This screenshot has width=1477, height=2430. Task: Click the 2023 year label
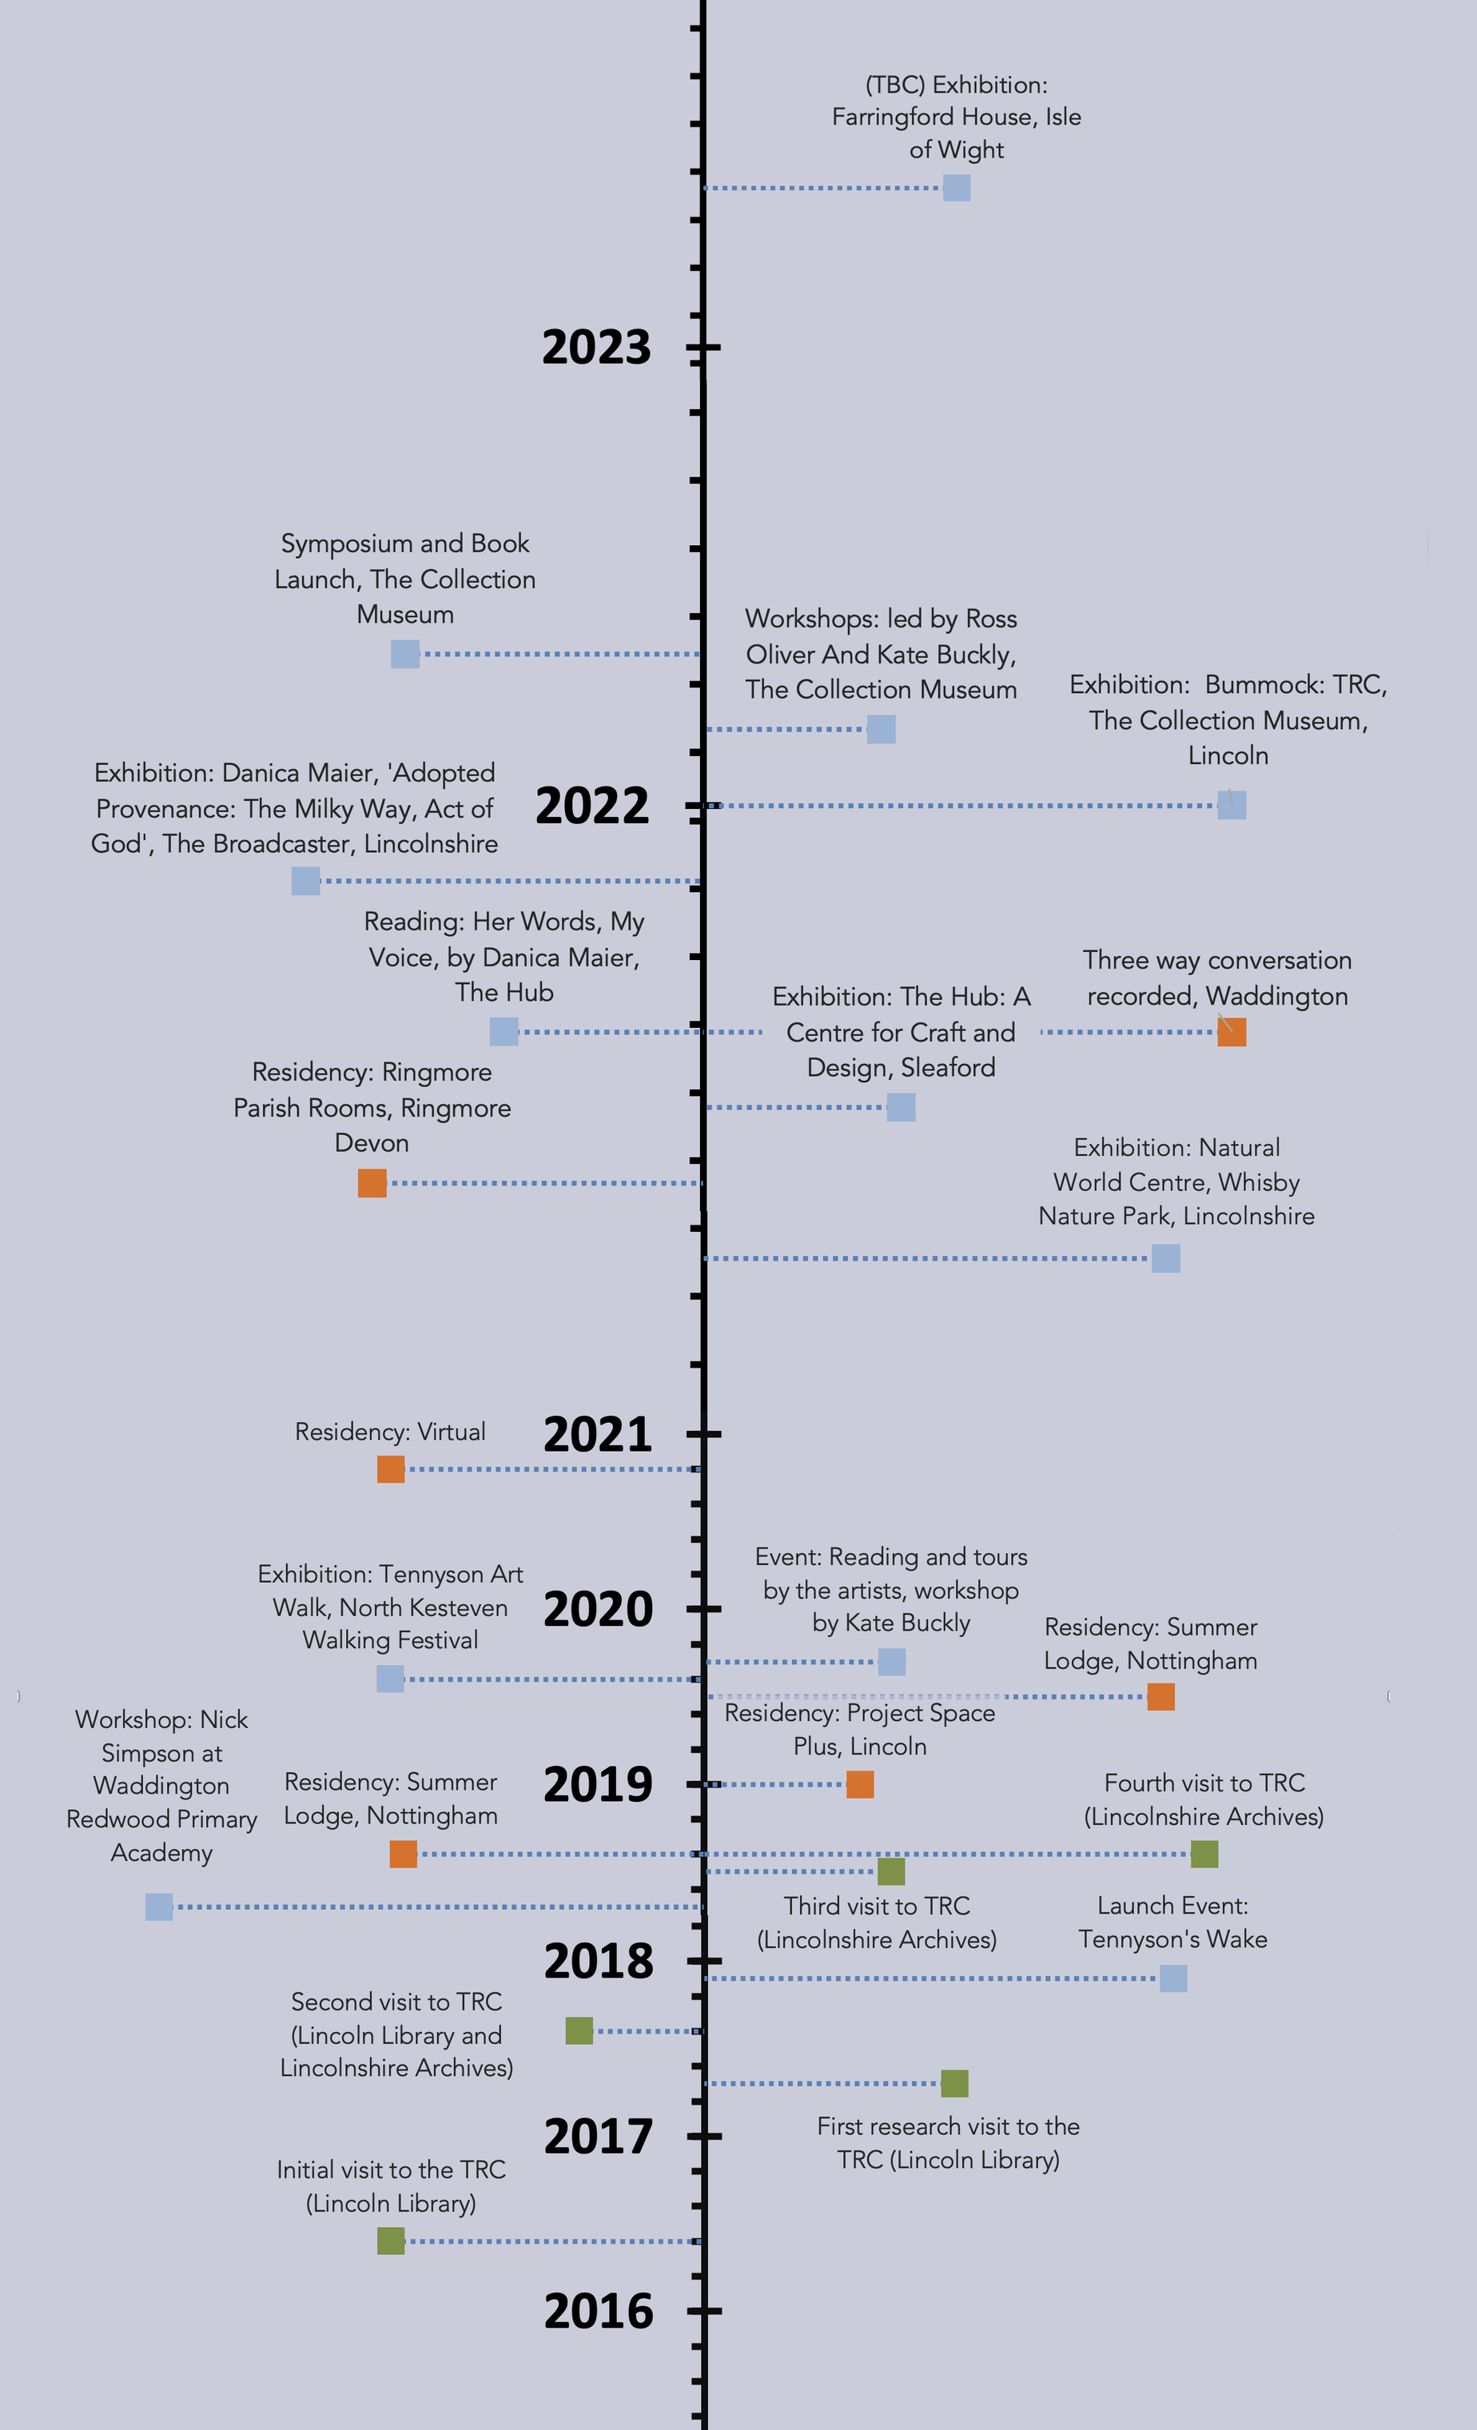pos(596,347)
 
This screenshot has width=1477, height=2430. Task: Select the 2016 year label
pos(598,2311)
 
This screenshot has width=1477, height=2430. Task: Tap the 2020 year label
pos(598,1608)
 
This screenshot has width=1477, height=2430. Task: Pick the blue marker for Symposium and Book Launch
pos(404,653)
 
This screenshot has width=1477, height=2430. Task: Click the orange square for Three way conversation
pos(1232,1032)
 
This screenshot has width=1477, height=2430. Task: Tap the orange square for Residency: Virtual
pos(391,1469)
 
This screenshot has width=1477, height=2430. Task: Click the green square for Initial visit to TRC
pos(391,2241)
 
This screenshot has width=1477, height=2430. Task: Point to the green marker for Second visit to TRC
pos(579,2030)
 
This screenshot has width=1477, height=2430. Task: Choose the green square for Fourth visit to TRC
pos(1204,1854)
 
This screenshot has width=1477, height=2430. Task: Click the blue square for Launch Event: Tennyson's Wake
pos(1172,1978)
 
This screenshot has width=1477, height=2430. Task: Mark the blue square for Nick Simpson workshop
pos(159,1906)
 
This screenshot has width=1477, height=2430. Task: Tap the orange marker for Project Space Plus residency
pos(860,1784)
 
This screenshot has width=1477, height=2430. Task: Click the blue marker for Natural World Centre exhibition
pos(1165,1258)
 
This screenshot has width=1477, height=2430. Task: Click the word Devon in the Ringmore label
pos(372,1143)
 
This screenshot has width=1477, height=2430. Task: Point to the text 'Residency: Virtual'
pos(391,1432)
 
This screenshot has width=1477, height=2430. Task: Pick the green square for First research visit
pos(953,2084)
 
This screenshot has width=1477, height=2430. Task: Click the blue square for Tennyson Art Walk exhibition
pos(391,1679)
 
